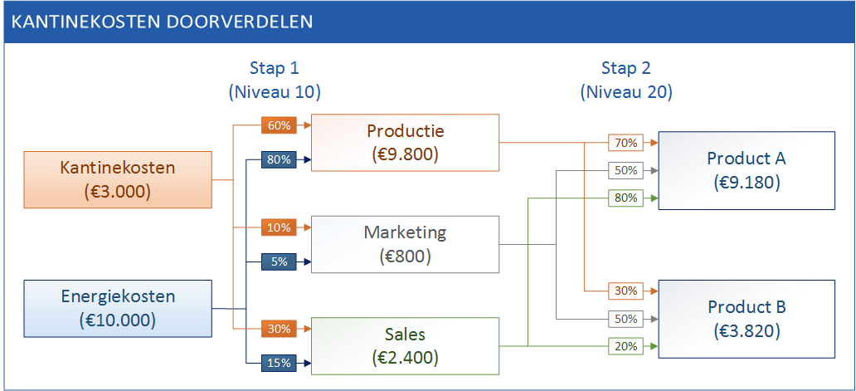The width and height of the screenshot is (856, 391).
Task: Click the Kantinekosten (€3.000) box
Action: (x=118, y=179)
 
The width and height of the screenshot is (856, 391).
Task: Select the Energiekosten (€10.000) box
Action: (x=118, y=309)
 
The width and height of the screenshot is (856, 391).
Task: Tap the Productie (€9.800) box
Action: (x=405, y=143)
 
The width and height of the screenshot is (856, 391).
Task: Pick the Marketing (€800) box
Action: (x=405, y=244)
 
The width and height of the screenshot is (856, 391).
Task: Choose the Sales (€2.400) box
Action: (x=405, y=345)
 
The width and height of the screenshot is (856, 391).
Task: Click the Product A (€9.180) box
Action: (x=747, y=170)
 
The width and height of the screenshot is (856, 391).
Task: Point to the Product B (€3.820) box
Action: (x=747, y=319)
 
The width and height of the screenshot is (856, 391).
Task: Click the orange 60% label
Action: (x=279, y=125)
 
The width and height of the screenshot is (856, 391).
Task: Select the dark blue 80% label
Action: (x=279, y=160)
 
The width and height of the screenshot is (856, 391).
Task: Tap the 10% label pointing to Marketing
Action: (x=279, y=227)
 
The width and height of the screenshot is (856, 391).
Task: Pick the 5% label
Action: (x=279, y=261)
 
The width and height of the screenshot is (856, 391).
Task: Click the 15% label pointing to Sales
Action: (x=279, y=363)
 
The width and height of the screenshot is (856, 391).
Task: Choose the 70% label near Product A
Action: (x=626, y=143)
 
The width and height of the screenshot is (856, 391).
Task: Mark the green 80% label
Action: (x=626, y=198)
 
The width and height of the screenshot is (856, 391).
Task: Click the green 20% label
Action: (x=626, y=345)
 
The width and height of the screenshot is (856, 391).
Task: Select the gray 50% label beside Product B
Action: (x=626, y=319)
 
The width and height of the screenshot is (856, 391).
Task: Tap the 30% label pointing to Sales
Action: (x=279, y=329)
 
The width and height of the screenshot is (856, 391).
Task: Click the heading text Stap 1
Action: (x=275, y=68)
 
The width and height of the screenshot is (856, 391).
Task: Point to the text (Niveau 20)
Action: (x=626, y=93)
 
